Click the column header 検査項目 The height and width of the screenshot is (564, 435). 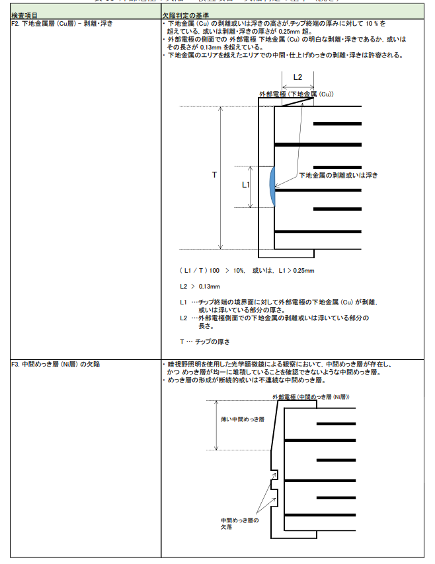tap(24, 15)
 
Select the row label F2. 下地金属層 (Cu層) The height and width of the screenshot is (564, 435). tap(62, 23)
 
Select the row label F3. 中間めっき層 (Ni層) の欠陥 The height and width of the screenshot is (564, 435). tap(56, 364)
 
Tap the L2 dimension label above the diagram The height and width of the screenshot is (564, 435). tap(297, 77)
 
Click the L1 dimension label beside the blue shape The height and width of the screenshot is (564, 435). tap(245, 186)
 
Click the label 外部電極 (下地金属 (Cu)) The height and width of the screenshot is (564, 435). tap(296, 95)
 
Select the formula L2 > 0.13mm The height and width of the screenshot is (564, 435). tap(200, 287)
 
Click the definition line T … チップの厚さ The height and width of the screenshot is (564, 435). tap(204, 341)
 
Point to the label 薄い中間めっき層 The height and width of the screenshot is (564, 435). tap(243, 419)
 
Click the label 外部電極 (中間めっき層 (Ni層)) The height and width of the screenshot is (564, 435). tap(311, 396)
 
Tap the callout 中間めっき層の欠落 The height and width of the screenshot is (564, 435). tap(239, 524)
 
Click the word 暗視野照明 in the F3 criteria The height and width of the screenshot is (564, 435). tap(184, 364)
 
